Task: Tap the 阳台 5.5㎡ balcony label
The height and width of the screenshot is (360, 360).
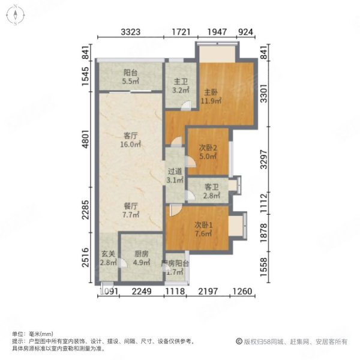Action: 131,77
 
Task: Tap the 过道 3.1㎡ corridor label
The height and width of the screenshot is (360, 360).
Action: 174,175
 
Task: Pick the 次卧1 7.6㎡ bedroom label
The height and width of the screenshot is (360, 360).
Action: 203,229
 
